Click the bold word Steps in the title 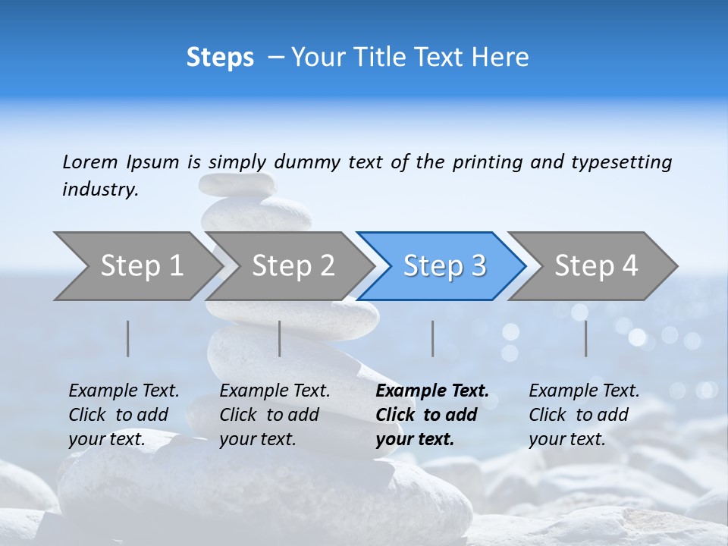pyautogui.click(x=220, y=58)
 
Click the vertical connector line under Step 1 pyautogui.click(x=128, y=338)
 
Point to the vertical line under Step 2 pyautogui.click(x=280, y=338)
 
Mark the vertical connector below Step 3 pyautogui.click(x=433, y=338)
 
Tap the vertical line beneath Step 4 pyautogui.click(x=586, y=338)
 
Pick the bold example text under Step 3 pyautogui.click(x=431, y=415)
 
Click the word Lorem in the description pyautogui.click(x=90, y=162)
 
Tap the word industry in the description pyautogui.click(x=99, y=190)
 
